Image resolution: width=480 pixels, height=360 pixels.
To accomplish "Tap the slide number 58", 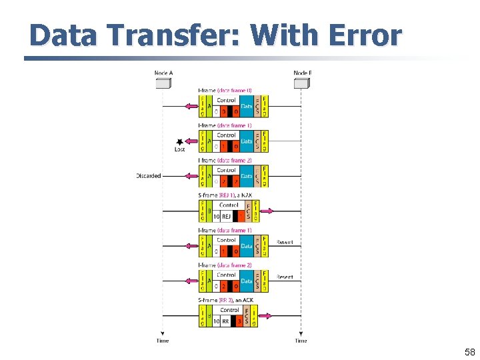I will [469, 352].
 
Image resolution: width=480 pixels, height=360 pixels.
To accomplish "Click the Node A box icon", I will [163, 83].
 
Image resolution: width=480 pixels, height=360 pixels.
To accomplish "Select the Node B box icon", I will [301, 83].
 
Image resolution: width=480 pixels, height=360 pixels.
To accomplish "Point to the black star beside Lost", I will [179, 141].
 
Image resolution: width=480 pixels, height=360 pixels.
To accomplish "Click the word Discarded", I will [149, 176].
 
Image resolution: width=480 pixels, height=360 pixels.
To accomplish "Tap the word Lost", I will [179, 149].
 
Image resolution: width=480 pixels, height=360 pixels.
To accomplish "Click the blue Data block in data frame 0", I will [247, 106].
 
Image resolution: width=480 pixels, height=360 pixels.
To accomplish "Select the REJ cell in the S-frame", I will [226, 216].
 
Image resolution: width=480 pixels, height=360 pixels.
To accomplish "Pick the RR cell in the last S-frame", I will [226, 321].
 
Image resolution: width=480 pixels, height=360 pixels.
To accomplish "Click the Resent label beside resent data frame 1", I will [285, 242].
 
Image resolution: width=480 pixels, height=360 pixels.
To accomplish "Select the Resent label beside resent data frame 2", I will [285, 277].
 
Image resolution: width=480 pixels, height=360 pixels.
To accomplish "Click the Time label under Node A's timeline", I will [163, 341].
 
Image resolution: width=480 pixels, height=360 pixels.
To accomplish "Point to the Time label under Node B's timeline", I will [301, 341].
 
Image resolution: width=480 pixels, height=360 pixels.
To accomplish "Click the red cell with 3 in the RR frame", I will [239, 321].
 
